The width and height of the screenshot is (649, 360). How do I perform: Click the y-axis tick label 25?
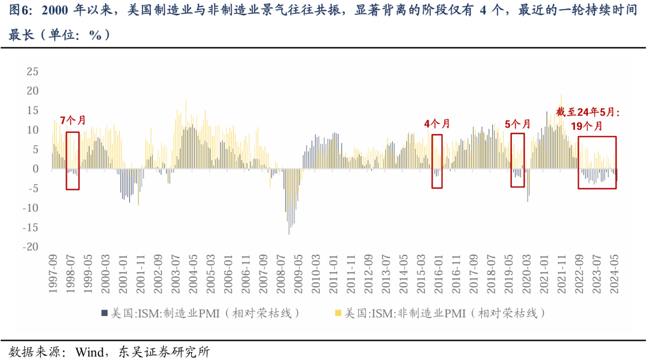pyautogui.click(x=32, y=72)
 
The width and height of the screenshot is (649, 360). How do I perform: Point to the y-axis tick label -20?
pyautogui.click(x=30, y=247)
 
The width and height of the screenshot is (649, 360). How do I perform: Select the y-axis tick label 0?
pyautogui.click(x=35, y=169)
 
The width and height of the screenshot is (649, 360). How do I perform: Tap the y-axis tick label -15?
pyautogui.click(x=30, y=227)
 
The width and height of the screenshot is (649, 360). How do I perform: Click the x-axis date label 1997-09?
pyautogui.click(x=53, y=274)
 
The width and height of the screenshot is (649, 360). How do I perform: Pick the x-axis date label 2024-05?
pyautogui.click(x=615, y=274)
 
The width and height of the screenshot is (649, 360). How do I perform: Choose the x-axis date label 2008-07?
pyautogui.click(x=281, y=274)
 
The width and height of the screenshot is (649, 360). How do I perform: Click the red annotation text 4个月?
pyautogui.click(x=437, y=124)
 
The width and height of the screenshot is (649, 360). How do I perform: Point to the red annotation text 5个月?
pyautogui.click(x=517, y=124)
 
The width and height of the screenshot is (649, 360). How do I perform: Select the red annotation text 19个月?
pyautogui.click(x=586, y=126)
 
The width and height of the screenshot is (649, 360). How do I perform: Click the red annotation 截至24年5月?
pyautogui.click(x=587, y=112)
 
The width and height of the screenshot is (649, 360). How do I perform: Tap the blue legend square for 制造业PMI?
pyautogui.click(x=104, y=313)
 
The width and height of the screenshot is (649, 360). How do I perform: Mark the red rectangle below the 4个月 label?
pyautogui.click(x=437, y=161)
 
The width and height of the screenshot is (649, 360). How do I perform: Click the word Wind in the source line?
pyautogui.click(x=89, y=352)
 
